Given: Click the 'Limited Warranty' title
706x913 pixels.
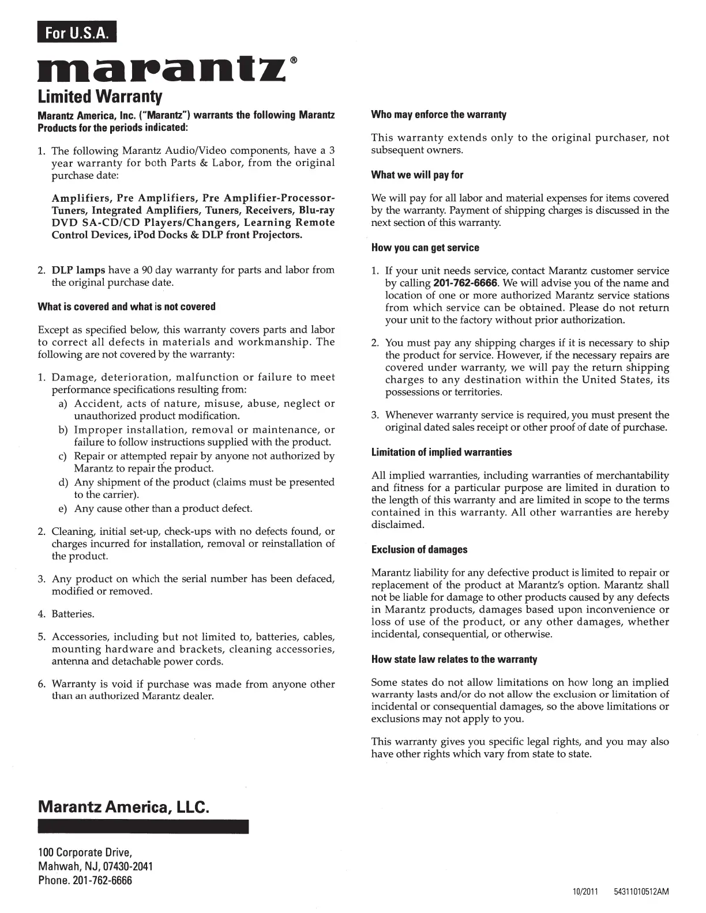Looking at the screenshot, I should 100,96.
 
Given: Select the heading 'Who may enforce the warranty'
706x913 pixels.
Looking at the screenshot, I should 438,115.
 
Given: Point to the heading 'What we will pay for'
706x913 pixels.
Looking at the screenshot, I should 417,175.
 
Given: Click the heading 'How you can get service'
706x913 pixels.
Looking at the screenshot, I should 425,248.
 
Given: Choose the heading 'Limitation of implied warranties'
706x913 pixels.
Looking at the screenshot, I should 441,452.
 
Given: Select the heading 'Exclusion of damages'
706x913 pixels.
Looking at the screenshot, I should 419,550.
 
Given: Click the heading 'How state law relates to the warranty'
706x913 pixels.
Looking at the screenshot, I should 454,659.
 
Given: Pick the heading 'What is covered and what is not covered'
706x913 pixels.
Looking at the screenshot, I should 126,307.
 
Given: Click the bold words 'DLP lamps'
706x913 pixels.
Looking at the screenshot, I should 78,270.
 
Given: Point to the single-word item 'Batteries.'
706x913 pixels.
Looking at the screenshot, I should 73,614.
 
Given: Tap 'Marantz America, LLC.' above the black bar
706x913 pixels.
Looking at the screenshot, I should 123,806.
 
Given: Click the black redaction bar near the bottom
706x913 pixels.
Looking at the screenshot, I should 143,826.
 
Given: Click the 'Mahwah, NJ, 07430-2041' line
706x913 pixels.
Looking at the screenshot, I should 95,866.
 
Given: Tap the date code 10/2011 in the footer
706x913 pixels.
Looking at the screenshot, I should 585,892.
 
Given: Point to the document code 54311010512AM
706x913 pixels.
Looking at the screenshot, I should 641,892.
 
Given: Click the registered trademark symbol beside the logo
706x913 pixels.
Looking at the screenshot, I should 294,60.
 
